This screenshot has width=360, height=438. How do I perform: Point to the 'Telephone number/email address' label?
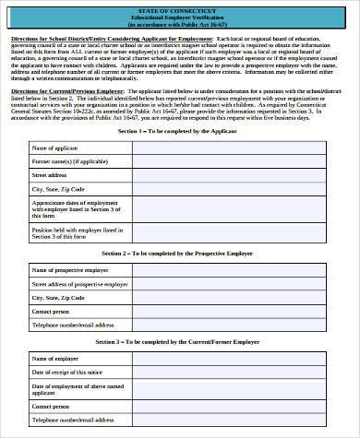(x=73, y=325)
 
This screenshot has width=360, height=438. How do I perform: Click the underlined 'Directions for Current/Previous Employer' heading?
(x=68, y=93)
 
